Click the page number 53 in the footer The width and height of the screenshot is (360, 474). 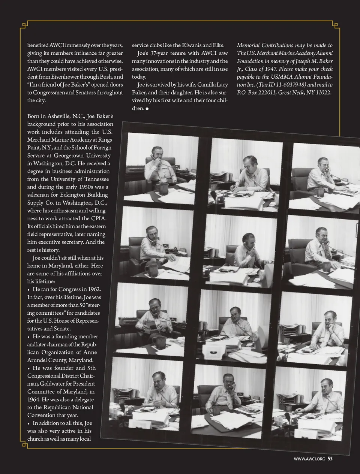pyautogui.click(x=330, y=458)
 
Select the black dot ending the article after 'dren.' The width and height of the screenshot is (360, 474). pyautogui.click(x=147, y=109)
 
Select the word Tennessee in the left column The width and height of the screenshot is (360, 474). pyautogui.click(x=94, y=179)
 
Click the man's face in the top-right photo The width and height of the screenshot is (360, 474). pyautogui.click(x=322, y=164)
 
